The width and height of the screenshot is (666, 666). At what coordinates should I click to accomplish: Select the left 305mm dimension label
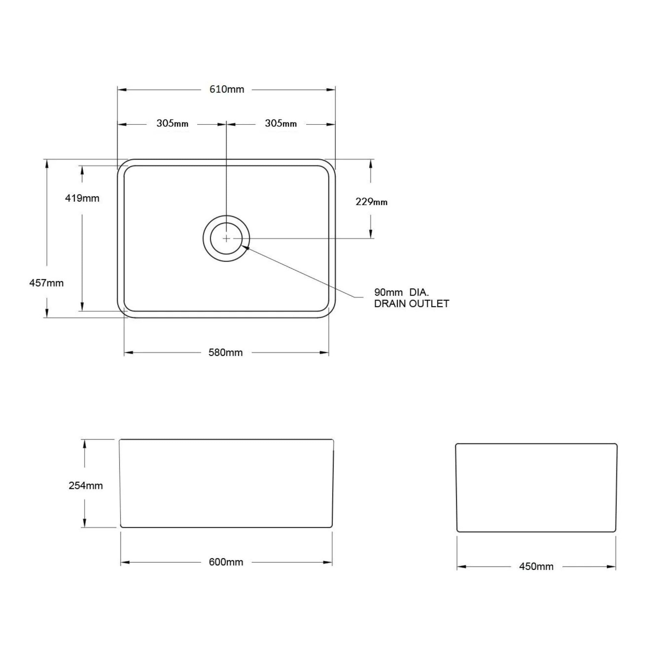[172, 123]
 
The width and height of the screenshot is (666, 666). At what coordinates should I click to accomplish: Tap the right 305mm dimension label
[281, 123]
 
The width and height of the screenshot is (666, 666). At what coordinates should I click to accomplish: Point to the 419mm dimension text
[82, 198]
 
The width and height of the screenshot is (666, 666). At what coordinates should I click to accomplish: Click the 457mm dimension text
[46, 283]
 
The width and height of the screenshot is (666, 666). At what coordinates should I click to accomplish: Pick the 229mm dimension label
[371, 202]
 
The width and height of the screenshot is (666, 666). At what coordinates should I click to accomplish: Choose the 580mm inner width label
[225, 352]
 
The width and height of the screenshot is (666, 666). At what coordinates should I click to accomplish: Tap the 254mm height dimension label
[86, 486]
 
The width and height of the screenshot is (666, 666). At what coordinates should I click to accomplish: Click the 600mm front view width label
[226, 562]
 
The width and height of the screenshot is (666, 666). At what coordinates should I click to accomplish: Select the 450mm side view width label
[536, 566]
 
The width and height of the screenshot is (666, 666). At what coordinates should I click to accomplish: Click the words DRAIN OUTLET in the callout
[412, 304]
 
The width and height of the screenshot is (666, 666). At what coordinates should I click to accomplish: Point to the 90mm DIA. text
[401, 292]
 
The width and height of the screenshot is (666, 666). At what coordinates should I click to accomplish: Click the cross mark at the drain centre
[226, 238]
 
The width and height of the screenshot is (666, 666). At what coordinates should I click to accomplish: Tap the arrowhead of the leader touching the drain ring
[245, 246]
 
